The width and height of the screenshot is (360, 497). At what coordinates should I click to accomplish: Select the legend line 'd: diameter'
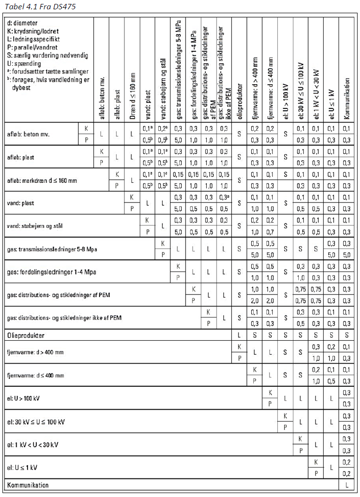23,23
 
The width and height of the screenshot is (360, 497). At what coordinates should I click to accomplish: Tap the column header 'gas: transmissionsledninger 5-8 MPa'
178,69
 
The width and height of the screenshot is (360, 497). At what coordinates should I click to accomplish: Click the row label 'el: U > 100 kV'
24,398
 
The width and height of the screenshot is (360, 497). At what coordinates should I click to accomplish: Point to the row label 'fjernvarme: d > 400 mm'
35,352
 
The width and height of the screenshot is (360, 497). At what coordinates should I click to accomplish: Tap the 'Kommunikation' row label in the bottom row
27,485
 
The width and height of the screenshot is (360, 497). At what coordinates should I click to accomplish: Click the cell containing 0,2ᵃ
162,128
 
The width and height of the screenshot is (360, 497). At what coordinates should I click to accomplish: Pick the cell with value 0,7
270,232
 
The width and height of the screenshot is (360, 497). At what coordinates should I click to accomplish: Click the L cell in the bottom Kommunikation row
346,485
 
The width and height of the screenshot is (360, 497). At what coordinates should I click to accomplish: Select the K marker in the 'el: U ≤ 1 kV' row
316,462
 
